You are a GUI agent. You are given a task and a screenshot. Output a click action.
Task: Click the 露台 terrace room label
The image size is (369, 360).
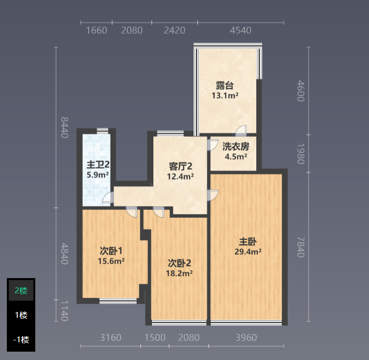pos(225,85)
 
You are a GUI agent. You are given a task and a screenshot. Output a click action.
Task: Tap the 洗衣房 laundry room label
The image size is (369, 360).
pos(236,147)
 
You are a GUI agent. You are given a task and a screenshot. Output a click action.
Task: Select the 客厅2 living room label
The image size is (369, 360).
pos(180,166)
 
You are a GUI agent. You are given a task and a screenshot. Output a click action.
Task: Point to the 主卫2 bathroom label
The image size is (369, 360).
pos(98,164)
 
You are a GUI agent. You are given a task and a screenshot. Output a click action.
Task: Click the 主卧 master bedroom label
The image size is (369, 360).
pos(248,242)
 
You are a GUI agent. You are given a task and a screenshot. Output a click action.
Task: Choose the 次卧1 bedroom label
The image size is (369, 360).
pos(111,251)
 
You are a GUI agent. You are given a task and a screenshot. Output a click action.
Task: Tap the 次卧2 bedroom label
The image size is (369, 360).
pos(179,263)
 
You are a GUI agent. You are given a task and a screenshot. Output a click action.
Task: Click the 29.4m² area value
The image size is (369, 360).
pos(248,252)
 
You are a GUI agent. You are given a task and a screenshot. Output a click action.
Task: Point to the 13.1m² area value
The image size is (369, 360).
pos(225,96)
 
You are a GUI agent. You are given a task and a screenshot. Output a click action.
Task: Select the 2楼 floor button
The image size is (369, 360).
pos(21,290)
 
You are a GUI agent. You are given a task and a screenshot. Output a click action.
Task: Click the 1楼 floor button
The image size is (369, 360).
pos(21,315)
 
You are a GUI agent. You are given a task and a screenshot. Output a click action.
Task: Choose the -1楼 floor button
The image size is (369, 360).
pos(21,339)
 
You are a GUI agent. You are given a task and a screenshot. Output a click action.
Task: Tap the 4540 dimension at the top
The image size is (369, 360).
pos(241,30)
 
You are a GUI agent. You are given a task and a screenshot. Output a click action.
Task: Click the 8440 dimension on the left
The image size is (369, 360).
pos(65,127)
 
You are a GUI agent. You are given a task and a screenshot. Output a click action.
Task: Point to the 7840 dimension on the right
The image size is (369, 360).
pos(301,247)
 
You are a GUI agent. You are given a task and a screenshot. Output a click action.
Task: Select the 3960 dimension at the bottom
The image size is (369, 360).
pos(246,337)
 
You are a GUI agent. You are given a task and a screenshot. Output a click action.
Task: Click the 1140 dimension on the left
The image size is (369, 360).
pos(65,311)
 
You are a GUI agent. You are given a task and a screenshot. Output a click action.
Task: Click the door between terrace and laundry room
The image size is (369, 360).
pos(241,131)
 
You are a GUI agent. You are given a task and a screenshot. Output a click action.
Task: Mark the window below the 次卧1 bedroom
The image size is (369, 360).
pos(118,301)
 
